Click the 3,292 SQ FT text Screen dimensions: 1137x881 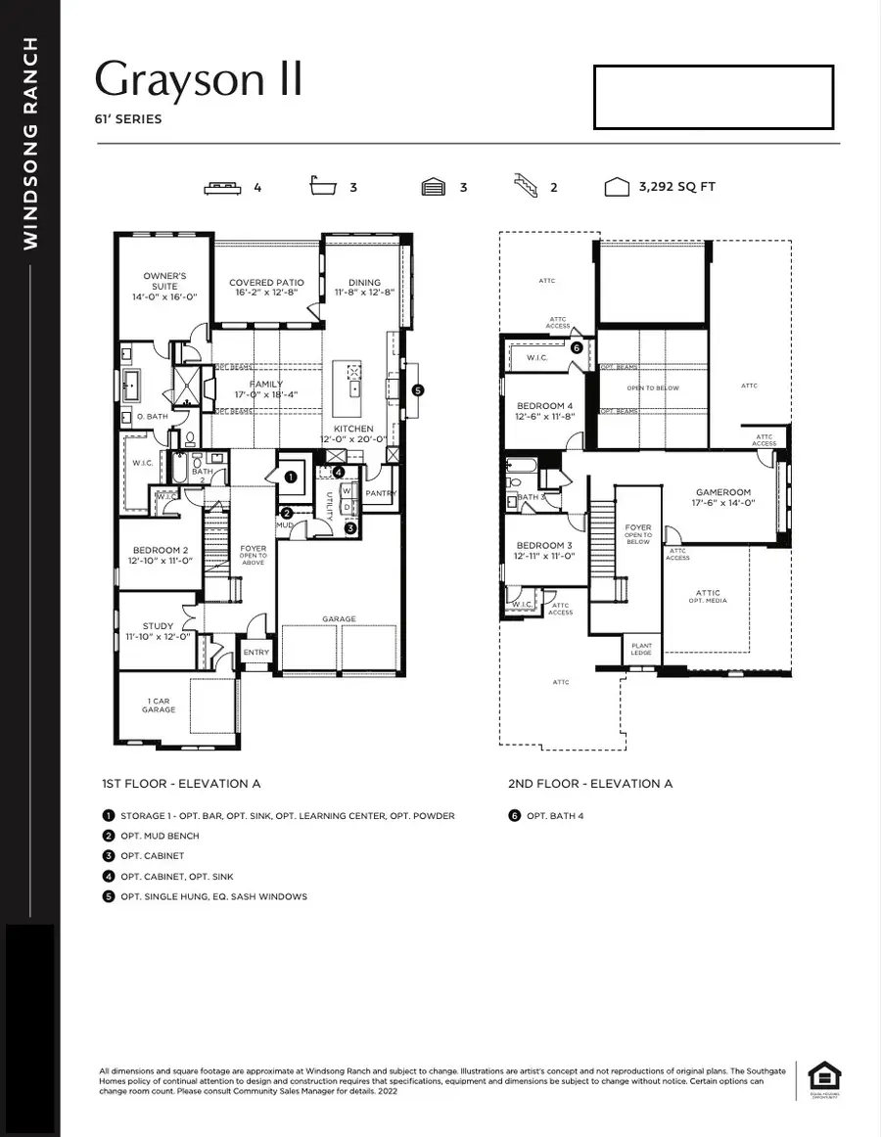click(676, 187)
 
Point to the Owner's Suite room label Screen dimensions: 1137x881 click(164, 286)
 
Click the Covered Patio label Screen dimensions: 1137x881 click(266, 287)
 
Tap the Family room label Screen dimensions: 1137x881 click(264, 389)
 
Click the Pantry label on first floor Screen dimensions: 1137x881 click(379, 494)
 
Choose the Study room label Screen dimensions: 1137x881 click(158, 631)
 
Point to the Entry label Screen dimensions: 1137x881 click(255, 653)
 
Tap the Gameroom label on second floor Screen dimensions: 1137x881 click(722, 497)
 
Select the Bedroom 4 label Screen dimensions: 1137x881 click(545, 411)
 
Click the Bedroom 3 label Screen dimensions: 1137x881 click(545, 550)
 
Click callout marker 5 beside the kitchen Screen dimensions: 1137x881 click(419, 389)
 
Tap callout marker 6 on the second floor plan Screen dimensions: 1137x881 click(577, 347)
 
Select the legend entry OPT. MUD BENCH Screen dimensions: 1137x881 click(160, 836)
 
